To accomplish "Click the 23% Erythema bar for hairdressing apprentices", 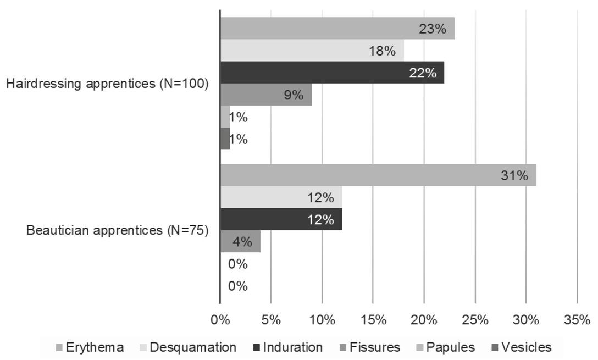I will (x=337, y=28).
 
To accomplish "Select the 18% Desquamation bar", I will (x=312, y=51).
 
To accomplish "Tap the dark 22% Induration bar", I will (x=332, y=73).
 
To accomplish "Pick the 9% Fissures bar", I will (x=265, y=95).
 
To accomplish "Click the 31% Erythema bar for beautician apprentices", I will (x=378, y=175).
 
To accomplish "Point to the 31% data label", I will (x=514, y=176).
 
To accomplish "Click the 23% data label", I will (x=433, y=29).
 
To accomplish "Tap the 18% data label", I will (x=382, y=51).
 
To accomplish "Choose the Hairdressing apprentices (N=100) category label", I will (x=107, y=84).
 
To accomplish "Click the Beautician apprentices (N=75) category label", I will (x=118, y=230).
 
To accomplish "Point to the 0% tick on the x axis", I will (x=220, y=320).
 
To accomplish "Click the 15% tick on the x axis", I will (x=373, y=320).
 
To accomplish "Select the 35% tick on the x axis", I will (x=577, y=320).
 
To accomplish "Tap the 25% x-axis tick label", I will (x=475, y=320).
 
